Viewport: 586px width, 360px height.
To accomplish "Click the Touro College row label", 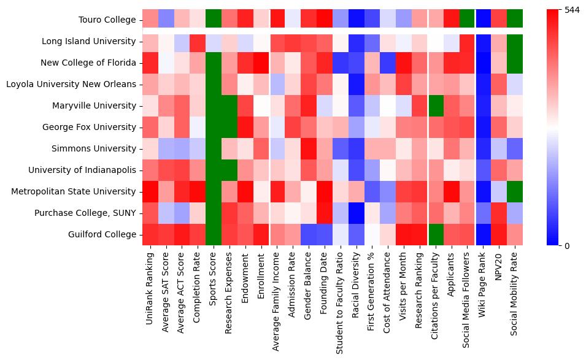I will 107,20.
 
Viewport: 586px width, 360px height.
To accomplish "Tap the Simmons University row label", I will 98,148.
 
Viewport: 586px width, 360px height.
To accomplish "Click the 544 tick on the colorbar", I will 571,10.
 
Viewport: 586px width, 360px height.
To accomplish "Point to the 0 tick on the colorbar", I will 566,246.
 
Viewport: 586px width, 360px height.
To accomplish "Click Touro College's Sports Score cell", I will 214,20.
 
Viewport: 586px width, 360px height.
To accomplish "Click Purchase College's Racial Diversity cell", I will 357,213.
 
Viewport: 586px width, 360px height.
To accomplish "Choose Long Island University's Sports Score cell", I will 214,41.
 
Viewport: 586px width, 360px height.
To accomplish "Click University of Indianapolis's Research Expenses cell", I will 229,170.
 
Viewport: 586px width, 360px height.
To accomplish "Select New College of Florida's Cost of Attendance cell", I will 389,63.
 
